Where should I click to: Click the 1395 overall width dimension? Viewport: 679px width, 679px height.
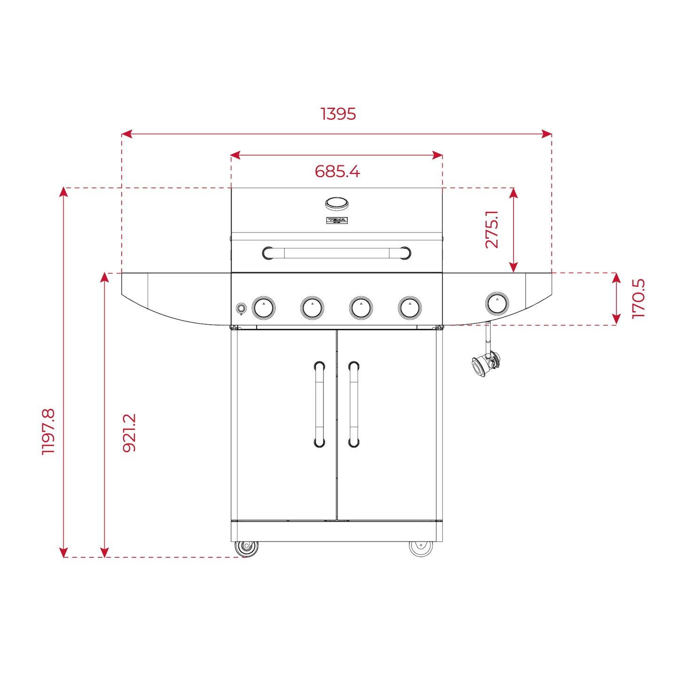click(x=338, y=114)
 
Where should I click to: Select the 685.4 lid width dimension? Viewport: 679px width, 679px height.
click(x=337, y=172)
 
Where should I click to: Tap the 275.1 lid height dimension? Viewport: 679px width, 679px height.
click(x=492, y=229)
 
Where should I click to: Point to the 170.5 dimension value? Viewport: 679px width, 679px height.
click(x=638, y=299)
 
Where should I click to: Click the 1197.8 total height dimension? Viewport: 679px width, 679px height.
click(x=48, y=431)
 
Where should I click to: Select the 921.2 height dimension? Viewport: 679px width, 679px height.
click(x=129, y=433)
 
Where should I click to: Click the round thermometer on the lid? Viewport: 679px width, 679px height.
click(x=336, y=203)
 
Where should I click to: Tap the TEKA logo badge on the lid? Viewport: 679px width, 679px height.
click(x=336, y=220)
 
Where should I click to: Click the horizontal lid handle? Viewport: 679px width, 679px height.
click(x=336, y=253)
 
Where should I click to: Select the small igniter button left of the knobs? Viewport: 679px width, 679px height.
click(x=241, y=308)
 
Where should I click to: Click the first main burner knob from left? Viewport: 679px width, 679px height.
click(x=264, y=308)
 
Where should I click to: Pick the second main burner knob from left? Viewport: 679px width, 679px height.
click(x=312, y=308)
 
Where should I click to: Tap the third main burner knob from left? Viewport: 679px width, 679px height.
click(x=361, y=308)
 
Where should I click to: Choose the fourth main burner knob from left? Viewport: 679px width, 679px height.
click(x=410, y=308)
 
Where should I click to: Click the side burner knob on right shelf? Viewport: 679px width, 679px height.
click(x=497, y=303)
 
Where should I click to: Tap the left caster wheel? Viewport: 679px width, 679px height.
click(x=246, y=548)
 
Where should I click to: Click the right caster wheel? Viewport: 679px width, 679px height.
click(x=421, y=548)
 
